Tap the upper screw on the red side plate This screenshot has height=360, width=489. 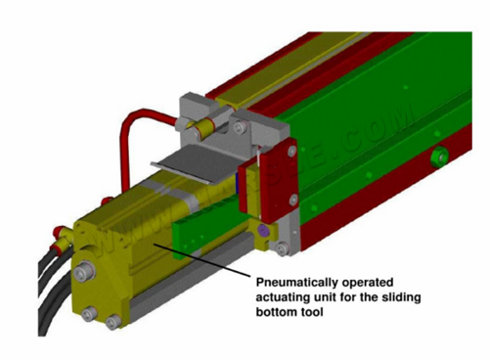coord(292,151)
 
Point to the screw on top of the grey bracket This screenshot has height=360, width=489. coord(239,126)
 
